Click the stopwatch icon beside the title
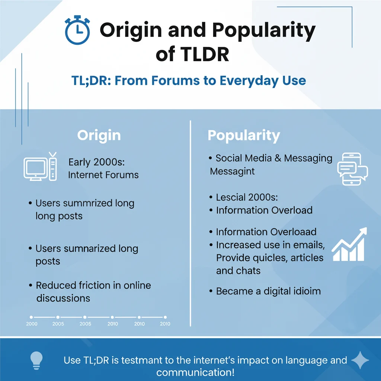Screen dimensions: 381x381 point(77,30)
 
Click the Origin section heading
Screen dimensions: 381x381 point(99,135)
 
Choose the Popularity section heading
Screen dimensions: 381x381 point(244,135)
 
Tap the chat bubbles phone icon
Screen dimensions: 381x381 point(352,169)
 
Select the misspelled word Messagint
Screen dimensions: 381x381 point(232,171)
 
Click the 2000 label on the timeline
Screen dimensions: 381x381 point(32,324)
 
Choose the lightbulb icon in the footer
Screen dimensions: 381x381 point(37,361)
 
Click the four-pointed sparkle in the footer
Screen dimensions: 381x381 point(360,360)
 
